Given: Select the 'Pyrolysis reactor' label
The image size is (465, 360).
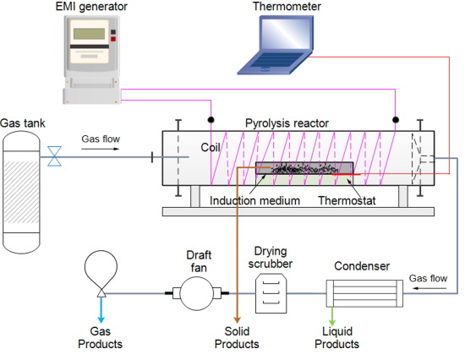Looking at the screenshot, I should coord(285,123).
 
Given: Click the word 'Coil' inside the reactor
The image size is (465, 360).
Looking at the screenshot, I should coord(210,145).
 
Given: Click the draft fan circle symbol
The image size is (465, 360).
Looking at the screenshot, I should coord(194,294).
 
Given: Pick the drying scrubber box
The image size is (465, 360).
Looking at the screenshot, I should coord(271,293).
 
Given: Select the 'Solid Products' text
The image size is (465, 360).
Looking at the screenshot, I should coord(236,337).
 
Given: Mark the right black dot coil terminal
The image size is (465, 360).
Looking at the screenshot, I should coord(396,118).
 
